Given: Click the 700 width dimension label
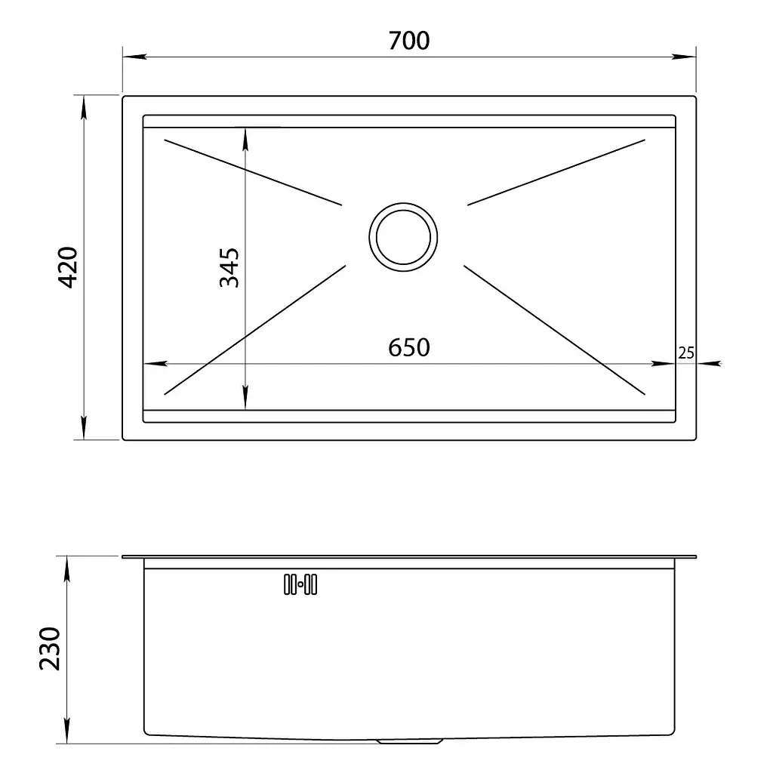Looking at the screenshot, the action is (x=408, y=41).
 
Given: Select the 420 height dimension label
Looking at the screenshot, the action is (x=68, y=267).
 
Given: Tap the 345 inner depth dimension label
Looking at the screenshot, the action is (x=229, y=268).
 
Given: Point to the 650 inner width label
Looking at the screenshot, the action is (x=408, y=347).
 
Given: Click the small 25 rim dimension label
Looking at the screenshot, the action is (x=685, y=353).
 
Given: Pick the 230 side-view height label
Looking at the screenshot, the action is (x=50, y=648).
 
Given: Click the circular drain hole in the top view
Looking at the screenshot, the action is (x=403, y=237).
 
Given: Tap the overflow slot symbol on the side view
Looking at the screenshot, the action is (x=300, y=584).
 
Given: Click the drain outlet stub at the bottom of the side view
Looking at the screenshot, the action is (x=409, y=741).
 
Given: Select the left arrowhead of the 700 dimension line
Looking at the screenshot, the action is (x=134, y=57).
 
